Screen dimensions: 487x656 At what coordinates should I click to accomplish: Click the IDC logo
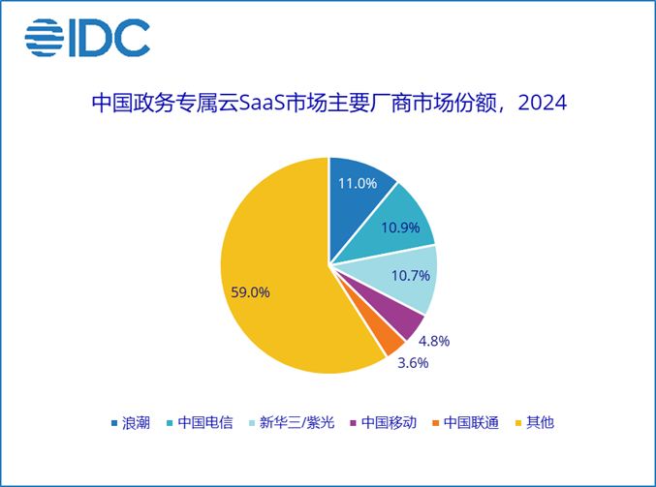(87, 37)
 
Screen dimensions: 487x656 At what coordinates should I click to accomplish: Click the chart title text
(328, 103)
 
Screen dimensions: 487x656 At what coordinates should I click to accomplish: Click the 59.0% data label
(250, 290)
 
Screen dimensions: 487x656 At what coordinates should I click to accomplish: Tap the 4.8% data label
(433, 341)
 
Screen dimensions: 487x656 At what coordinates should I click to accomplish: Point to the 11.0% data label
(357, 183)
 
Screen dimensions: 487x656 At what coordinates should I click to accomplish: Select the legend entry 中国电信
(204, 423)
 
